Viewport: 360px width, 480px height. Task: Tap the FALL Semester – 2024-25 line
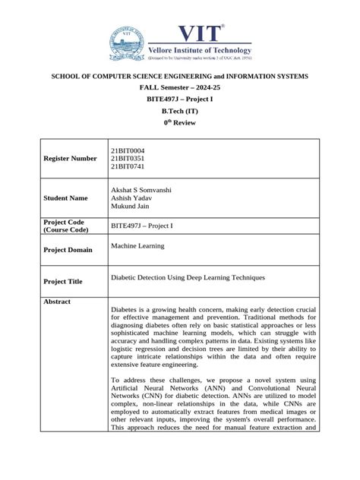(179, 87)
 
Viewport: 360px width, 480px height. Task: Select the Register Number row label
(70, 158)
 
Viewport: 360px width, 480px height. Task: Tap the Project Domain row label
(68, 250)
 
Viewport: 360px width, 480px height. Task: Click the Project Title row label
(63, 281)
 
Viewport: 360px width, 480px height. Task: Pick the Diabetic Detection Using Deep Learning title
(188, 278)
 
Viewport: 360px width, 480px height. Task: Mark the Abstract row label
(58, 302)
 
